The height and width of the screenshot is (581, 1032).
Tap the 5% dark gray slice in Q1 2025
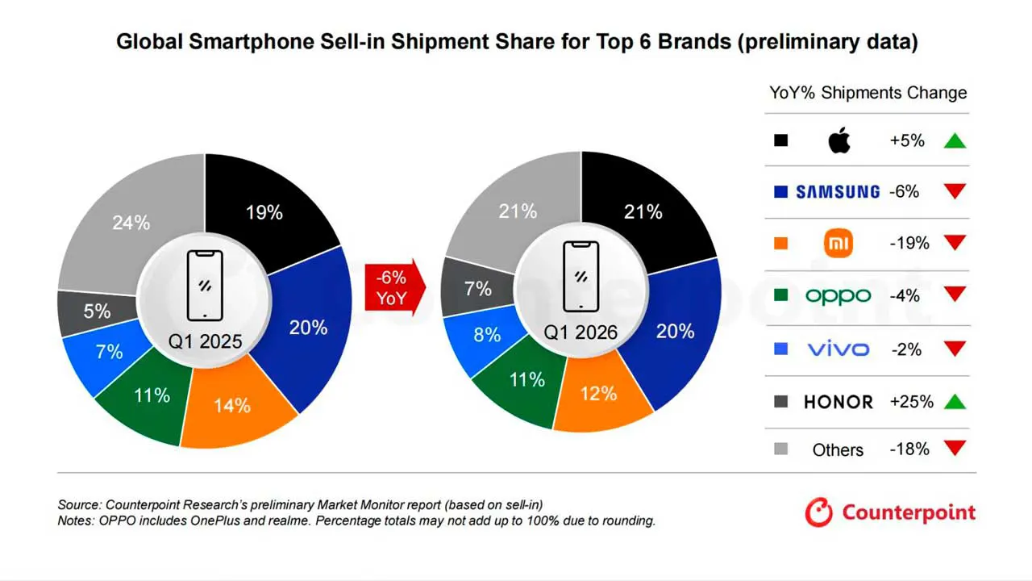coord(97,311)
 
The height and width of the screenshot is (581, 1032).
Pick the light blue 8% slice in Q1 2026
coord(485,335)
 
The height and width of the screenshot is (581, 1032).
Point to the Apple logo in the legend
coord(839,140)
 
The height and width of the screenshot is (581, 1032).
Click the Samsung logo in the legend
coord(838,192)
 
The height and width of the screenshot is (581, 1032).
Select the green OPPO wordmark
coord(838,296)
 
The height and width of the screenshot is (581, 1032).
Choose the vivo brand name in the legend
coord(838,349)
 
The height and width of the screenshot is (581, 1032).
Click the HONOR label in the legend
coord(838,402)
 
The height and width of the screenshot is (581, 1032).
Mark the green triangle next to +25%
coord(955,402)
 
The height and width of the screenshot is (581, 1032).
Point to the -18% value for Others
coord(909,449)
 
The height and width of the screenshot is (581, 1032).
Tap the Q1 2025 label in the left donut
coord(205,341)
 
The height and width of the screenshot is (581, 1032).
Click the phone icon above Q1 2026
coord(580,277)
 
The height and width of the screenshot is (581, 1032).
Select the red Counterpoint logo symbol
coord(818,512)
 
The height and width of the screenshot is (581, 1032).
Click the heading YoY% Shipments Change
coord(868,93)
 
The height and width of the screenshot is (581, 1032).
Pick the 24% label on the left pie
coord(131,223)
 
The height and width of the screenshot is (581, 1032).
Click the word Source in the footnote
coord(79,504)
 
